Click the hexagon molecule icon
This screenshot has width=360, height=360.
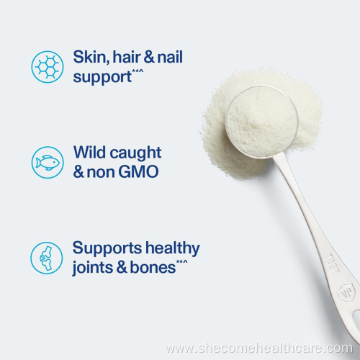47,66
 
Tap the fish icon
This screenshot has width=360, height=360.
47,162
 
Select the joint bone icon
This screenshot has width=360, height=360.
47,258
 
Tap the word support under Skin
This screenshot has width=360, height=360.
102,76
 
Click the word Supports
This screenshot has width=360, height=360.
105,249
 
